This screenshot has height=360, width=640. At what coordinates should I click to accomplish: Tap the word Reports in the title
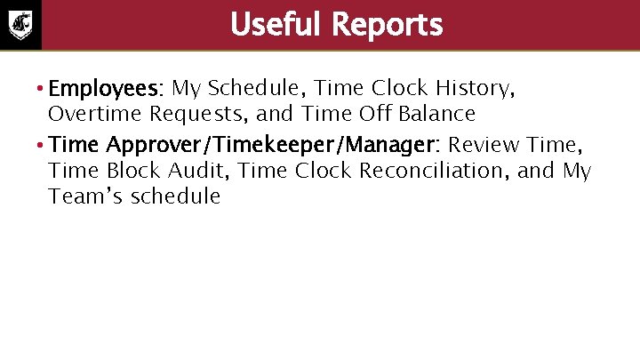[387, 25]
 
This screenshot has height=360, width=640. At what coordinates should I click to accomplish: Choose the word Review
[485, 145]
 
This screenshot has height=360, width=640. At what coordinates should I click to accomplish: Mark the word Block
[121, 170]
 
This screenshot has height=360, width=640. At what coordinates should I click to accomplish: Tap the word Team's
[86, 196]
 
